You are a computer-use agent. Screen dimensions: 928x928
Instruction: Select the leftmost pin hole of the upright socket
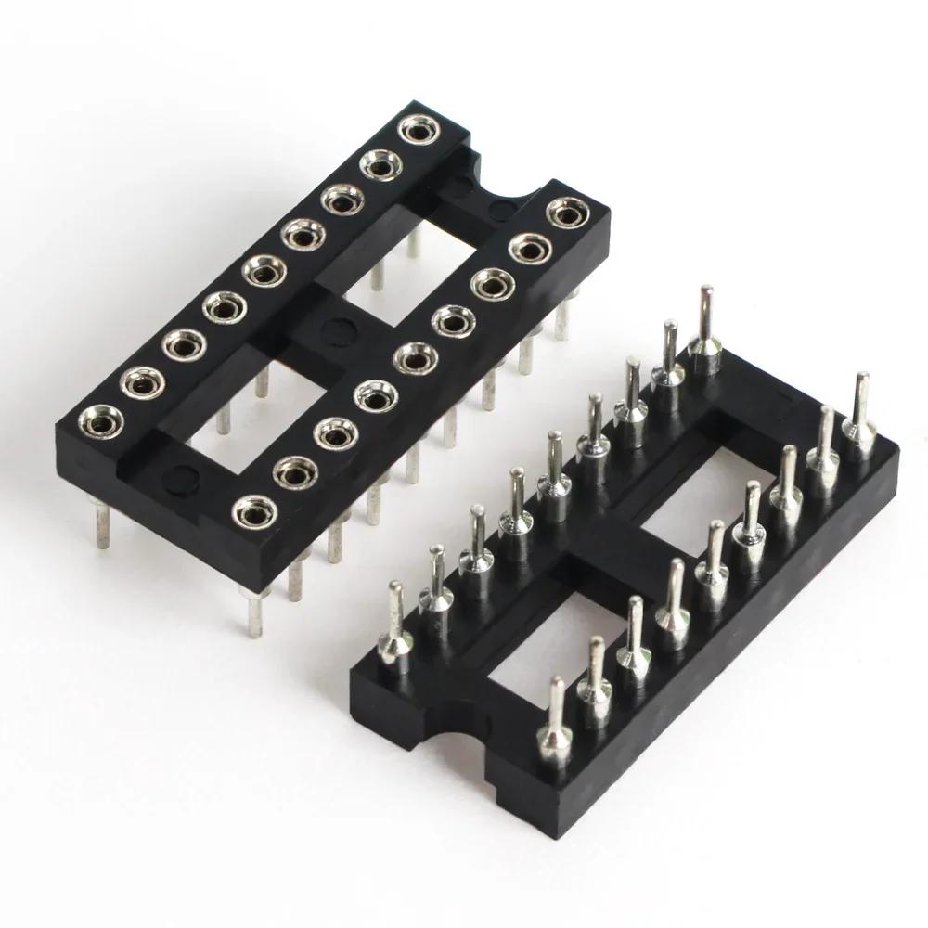tap(101, 422)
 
